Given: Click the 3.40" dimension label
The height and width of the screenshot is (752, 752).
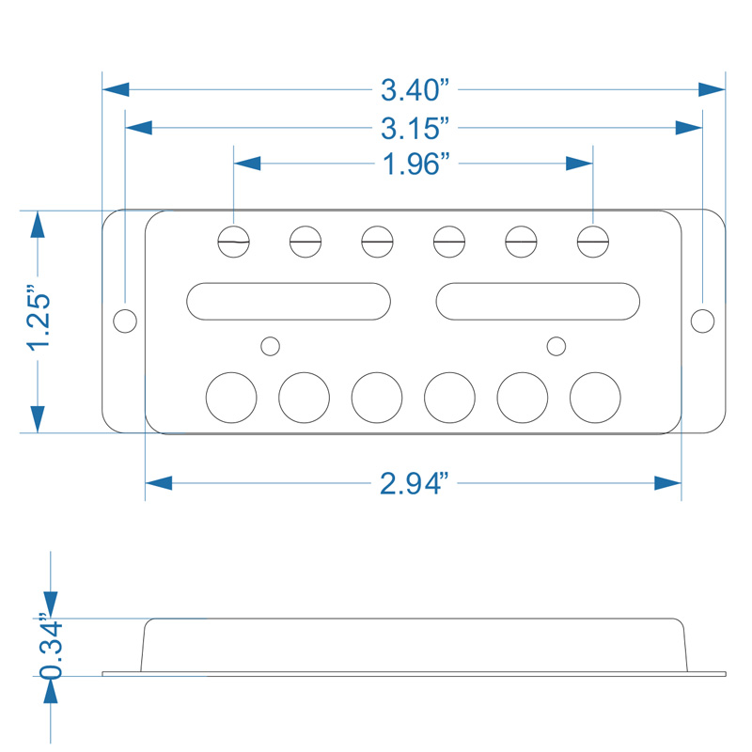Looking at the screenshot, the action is click(x=415, y=90).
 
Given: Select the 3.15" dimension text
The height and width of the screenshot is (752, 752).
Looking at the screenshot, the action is click(x=415, y=129).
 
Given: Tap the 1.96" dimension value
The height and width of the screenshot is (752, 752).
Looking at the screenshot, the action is click(x=416, y=164).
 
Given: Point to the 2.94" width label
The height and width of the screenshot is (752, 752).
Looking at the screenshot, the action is click(x=415, y=483).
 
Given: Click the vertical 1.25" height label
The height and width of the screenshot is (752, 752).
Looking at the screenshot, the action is click(x=39, y=319).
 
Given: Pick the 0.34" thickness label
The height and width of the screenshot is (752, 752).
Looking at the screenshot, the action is click(x=51, y=646).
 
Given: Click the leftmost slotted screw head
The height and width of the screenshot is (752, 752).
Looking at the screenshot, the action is click(x=233, y=242).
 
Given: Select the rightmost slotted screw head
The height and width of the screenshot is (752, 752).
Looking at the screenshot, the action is click(x=593, y=242).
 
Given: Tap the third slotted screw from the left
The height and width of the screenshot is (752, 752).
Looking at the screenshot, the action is click(x=378, y=242).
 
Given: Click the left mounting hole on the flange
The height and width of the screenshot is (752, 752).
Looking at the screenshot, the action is click(x=125, y=321).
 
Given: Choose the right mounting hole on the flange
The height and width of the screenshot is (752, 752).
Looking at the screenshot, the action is click(x=702, y=321).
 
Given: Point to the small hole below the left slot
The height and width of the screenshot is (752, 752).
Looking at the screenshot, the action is click(x=270, y=346).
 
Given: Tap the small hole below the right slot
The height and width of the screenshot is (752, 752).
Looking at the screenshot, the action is click(x=556, y=346).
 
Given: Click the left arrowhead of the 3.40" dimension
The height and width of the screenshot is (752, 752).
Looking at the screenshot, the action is click(x=116, y=89).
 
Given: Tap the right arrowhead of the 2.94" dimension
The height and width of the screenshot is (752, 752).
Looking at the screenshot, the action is click(x=668, y=483).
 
